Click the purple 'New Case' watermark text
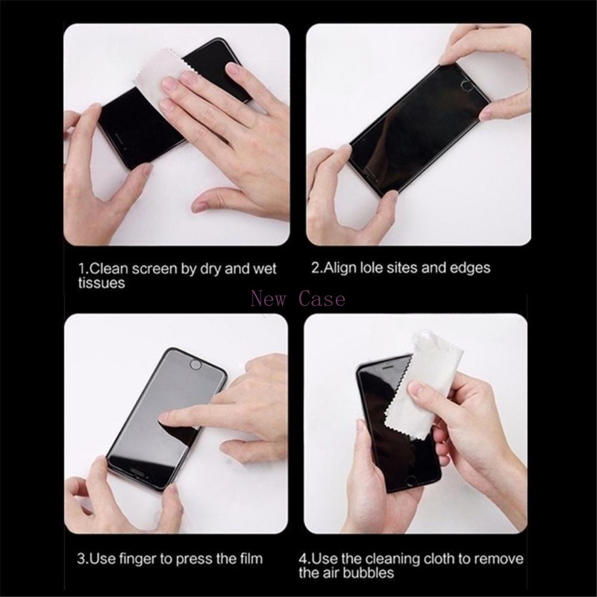298,299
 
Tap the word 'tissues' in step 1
101,284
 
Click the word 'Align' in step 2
340,267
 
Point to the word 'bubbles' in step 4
367,573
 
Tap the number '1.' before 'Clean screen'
84,268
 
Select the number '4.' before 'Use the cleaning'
305,558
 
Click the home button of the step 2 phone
468,84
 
